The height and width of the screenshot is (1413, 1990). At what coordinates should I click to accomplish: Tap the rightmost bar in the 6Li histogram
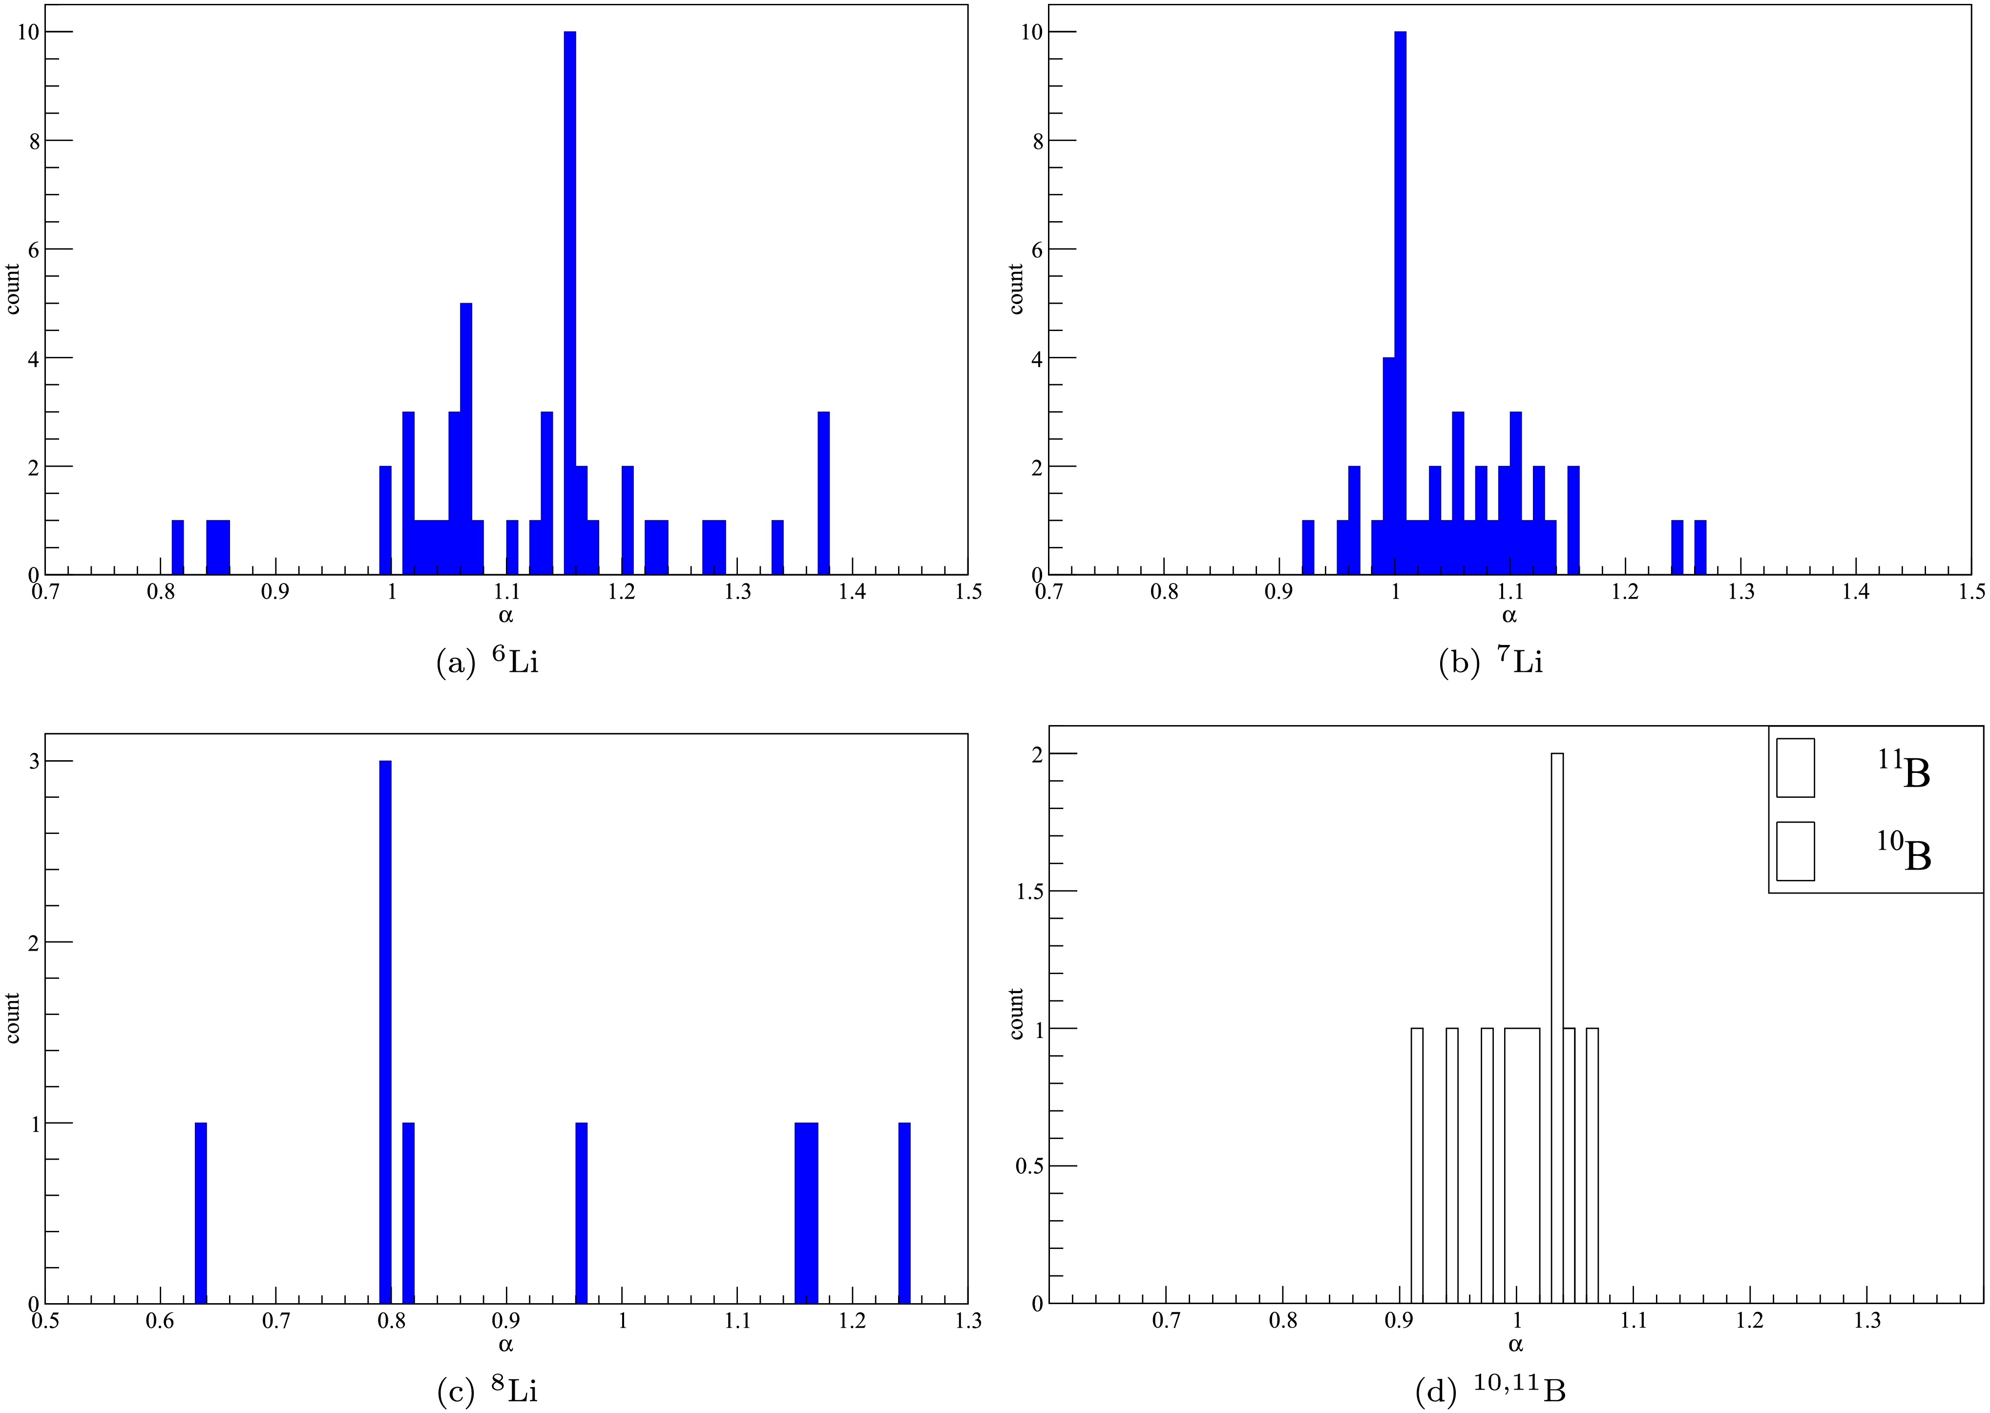824,493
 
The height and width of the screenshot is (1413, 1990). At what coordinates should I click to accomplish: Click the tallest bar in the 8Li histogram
385,1032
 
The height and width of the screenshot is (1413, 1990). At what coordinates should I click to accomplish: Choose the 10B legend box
1795,851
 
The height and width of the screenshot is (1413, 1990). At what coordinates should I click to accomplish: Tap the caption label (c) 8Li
487,1391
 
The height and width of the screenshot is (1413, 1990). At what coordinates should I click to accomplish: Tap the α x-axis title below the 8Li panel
505,1344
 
